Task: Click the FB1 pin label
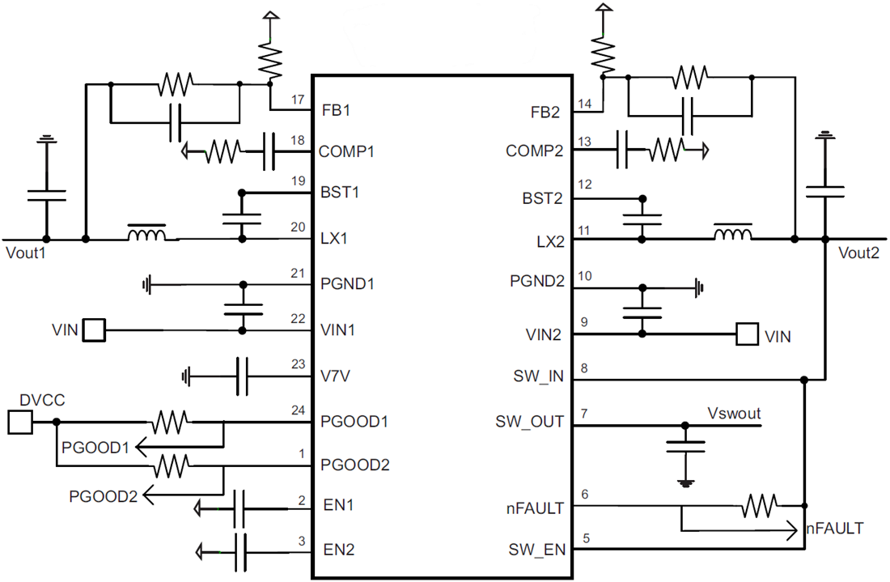pos(335,110)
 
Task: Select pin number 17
pos(297,100)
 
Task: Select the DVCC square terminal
pos(19,422)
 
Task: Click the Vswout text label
pos(734,413)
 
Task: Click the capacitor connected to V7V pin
pos(241,376)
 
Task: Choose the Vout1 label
pos(27,253)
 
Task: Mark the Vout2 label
pos(858,252)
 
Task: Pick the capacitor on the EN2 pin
pos(241,552)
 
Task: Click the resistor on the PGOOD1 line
pos(170,422)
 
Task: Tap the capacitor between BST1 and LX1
pos(241,215)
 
